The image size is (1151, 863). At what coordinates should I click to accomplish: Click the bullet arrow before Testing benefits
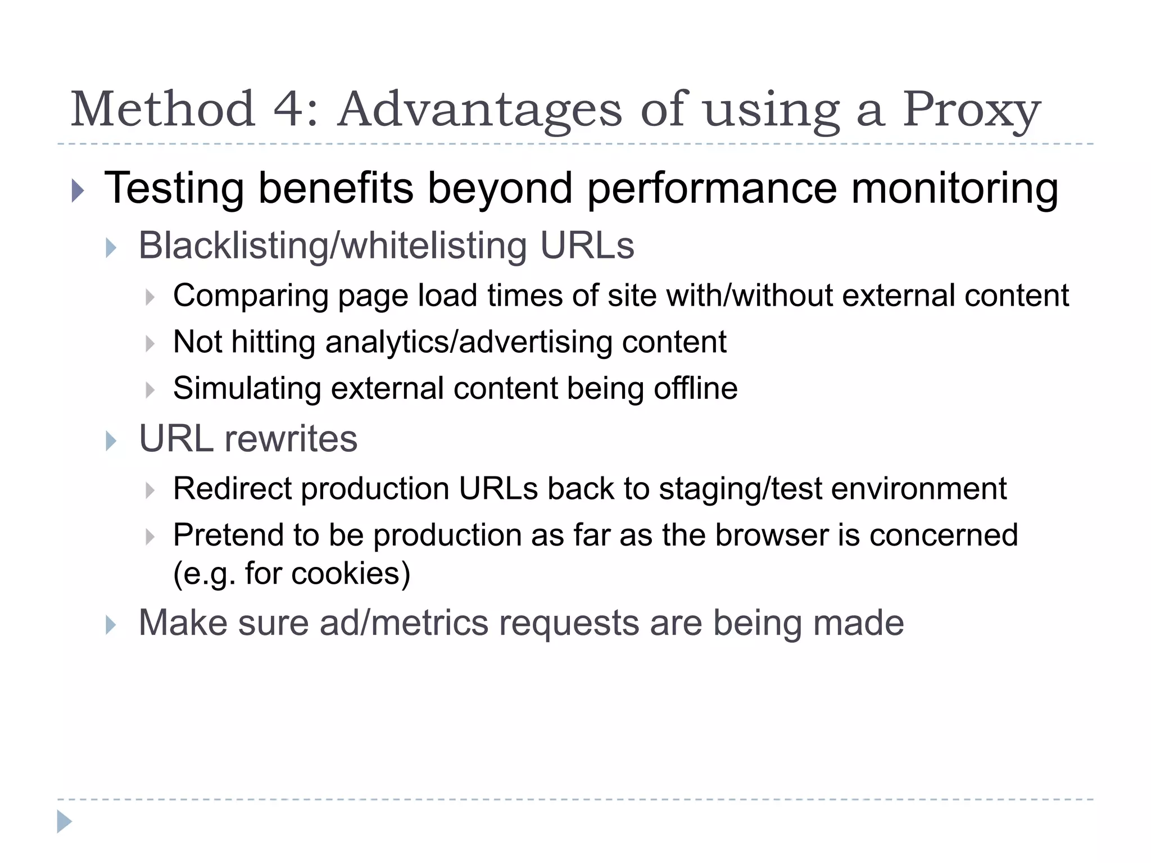tap(78, 191)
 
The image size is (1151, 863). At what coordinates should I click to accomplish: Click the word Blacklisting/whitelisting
tap(333, 246)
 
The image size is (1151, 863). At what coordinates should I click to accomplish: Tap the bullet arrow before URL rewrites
tap(111, 441)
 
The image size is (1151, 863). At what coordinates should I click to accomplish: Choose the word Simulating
tap(247, 388)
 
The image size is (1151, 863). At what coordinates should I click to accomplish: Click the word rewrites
tap(291, 439)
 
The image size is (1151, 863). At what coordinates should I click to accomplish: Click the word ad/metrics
tap(404, 623)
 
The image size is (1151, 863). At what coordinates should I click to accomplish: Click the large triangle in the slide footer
tap(64, 821)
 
